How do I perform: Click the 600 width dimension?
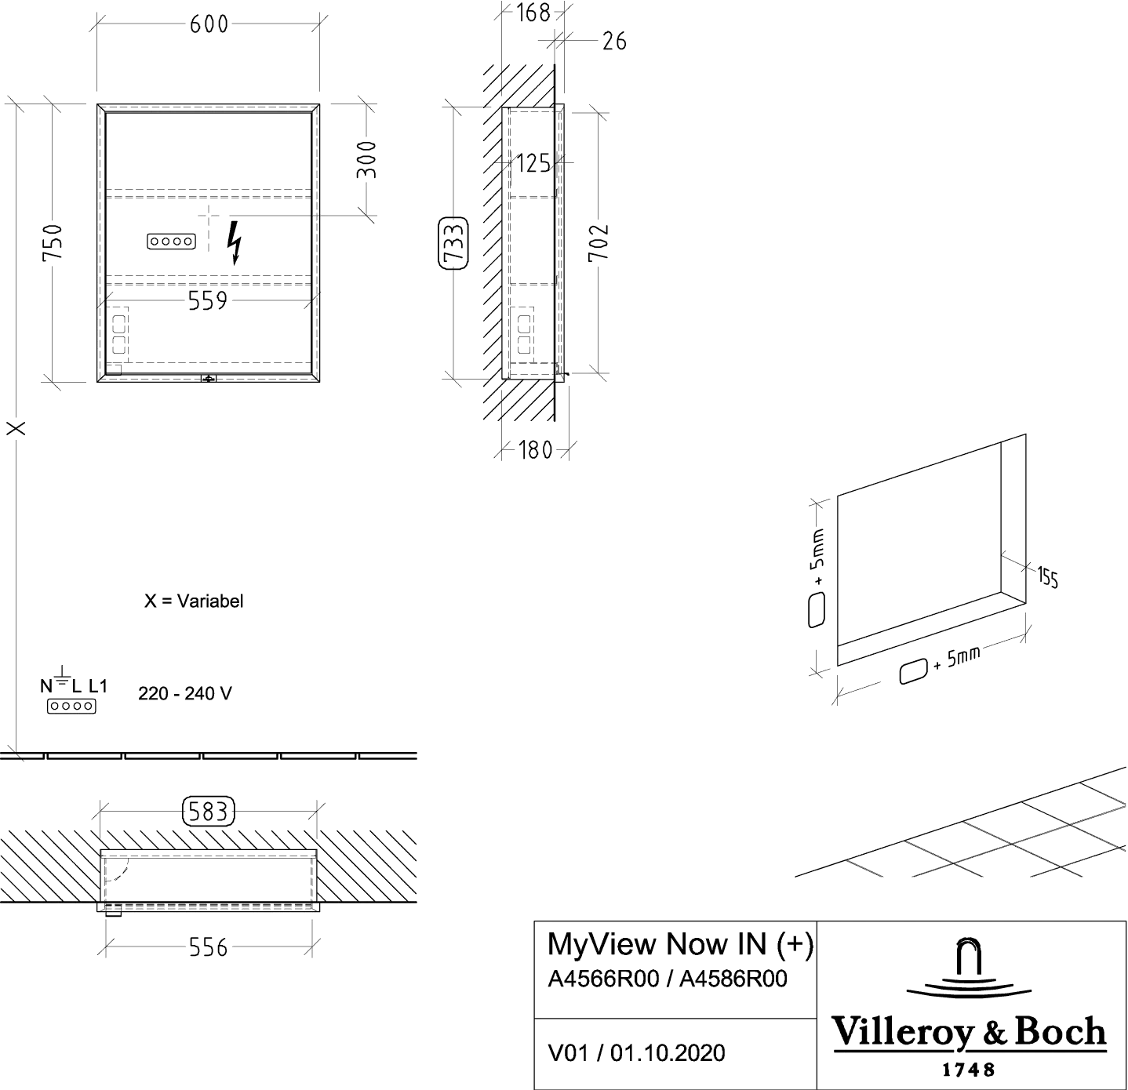pyautogui.click(x=209, y=25)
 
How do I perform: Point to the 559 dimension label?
pyautogui.click(x=207, y=300)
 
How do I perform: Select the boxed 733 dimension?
pyautogui.click(x=453, y=243)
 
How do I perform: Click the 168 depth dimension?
pyautogui.click(x=535, y=13)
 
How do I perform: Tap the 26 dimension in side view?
pyautogui.click(x=614, y=40)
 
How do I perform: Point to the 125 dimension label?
pyautogui.click(x=535, y=163)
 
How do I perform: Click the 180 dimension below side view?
pyautogui.click(x=536, y=451)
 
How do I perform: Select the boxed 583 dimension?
pyautogui.click(x=209, y=813)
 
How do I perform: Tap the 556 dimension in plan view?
pyautogui.click(x=209, y=947)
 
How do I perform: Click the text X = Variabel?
pyautogui.click(x=195, y=601)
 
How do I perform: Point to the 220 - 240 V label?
pyautogui.click(x=185, y=694)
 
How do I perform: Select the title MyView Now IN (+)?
pyautogui.click(x=679, y=945)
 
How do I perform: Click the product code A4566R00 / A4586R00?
pyautogui.click(x=668, y=979)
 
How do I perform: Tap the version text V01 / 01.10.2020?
pyautogui.click(x=636, y=1054)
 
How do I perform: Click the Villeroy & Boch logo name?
pyautogui.click(x=970, y=1033)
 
